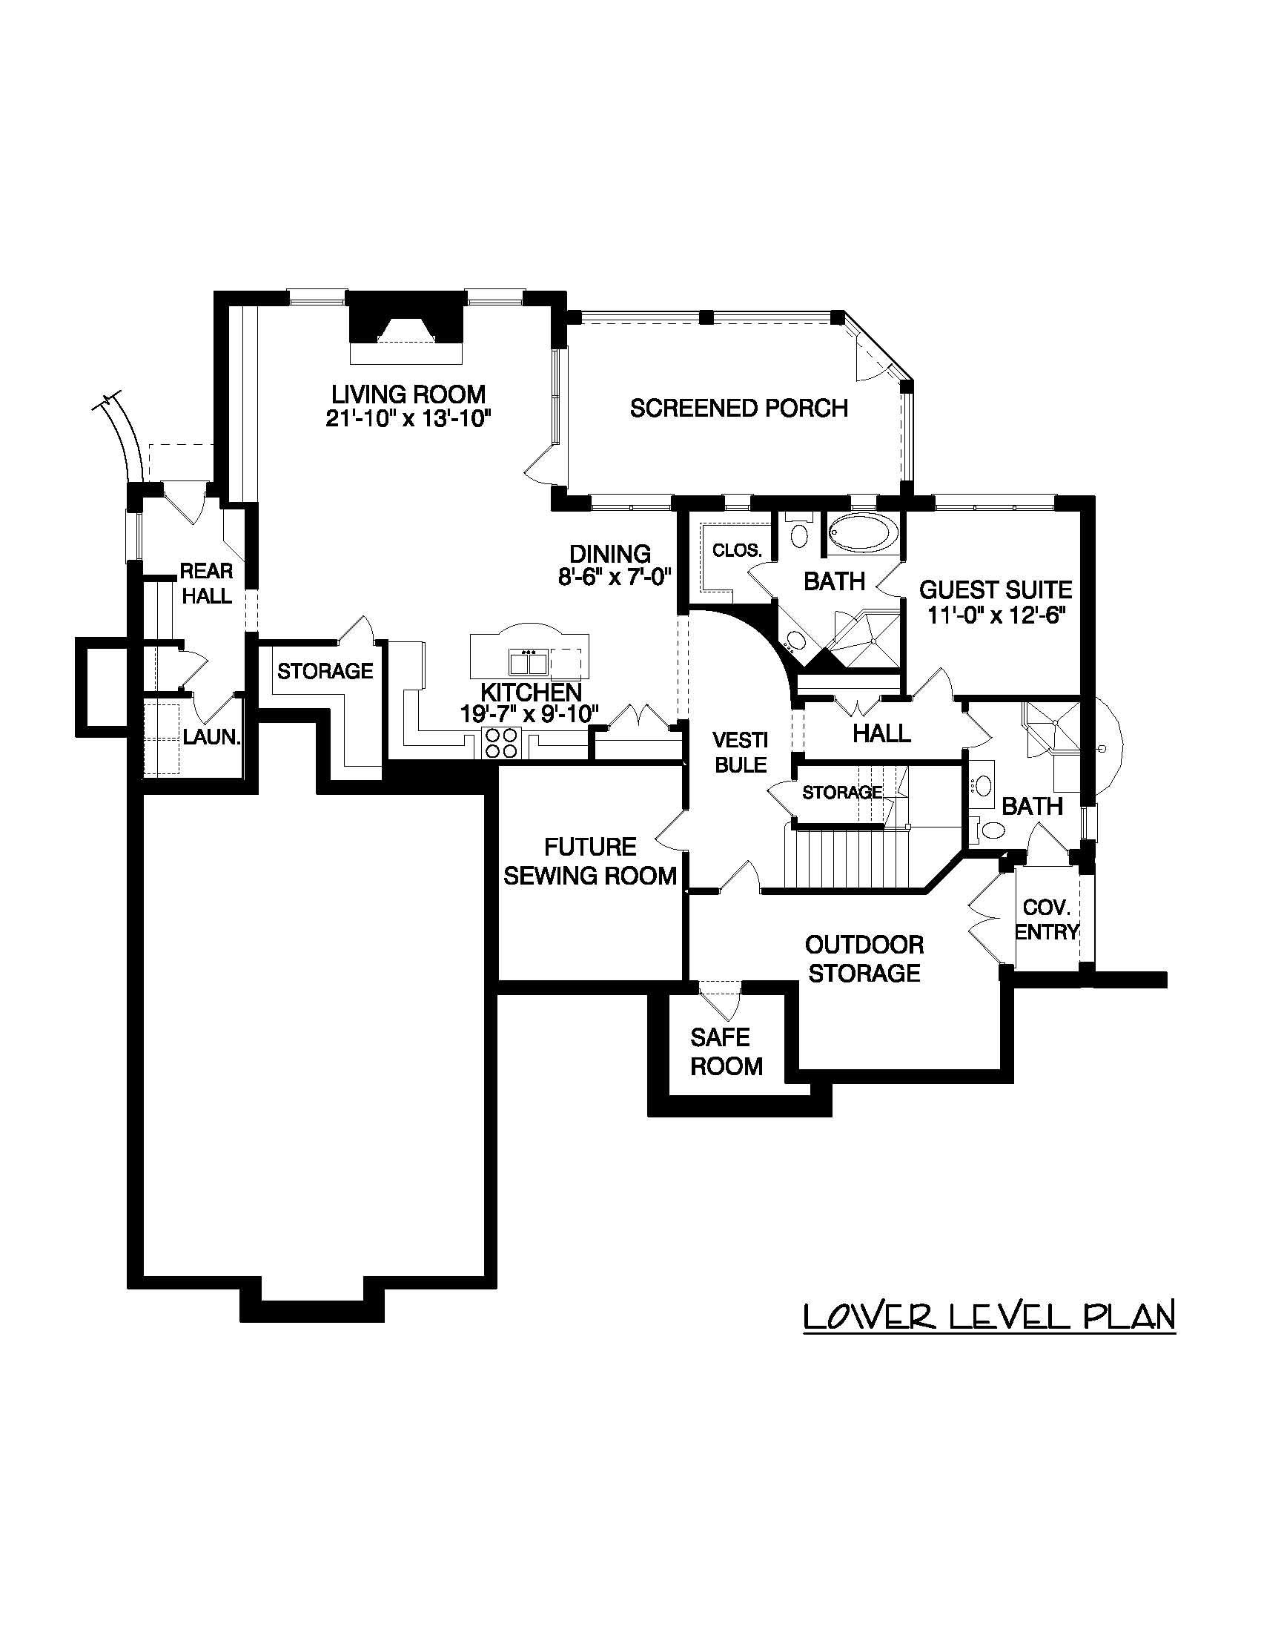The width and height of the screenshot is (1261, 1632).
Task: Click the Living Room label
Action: pyautogui.click(x=408, y=394)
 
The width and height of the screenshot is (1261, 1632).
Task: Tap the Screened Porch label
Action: pyautogui.click(x=738, y=408)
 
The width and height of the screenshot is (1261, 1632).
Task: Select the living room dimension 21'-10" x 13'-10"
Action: pyautogui.click(x=408, y=417)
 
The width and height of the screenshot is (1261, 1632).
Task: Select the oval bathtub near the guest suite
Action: pyautogui.click(x=864, y=534)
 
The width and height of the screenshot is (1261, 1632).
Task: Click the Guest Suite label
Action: pyautogui.click(x=995, y=589)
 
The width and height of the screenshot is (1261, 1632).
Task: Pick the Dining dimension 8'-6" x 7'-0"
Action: pyautogui.click(x=615, y=577)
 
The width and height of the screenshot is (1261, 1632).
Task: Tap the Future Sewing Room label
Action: pyautogui.click(x=589, y=861)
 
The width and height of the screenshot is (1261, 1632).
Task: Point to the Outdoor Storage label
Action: pyautogui.click(x=864, y=959)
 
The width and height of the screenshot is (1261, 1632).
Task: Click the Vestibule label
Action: pyautogui.click(x=740, y=753)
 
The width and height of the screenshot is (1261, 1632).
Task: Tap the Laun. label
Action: pyautogui.click(x=212, y=737)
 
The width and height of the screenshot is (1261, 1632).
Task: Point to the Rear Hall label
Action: pyautogui.click(x=207, y=584)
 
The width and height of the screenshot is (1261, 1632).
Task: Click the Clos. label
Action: pyautogui.click(x=737, y=551)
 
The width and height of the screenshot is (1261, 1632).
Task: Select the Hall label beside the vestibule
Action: pyautogui.click(x=881, y=733)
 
